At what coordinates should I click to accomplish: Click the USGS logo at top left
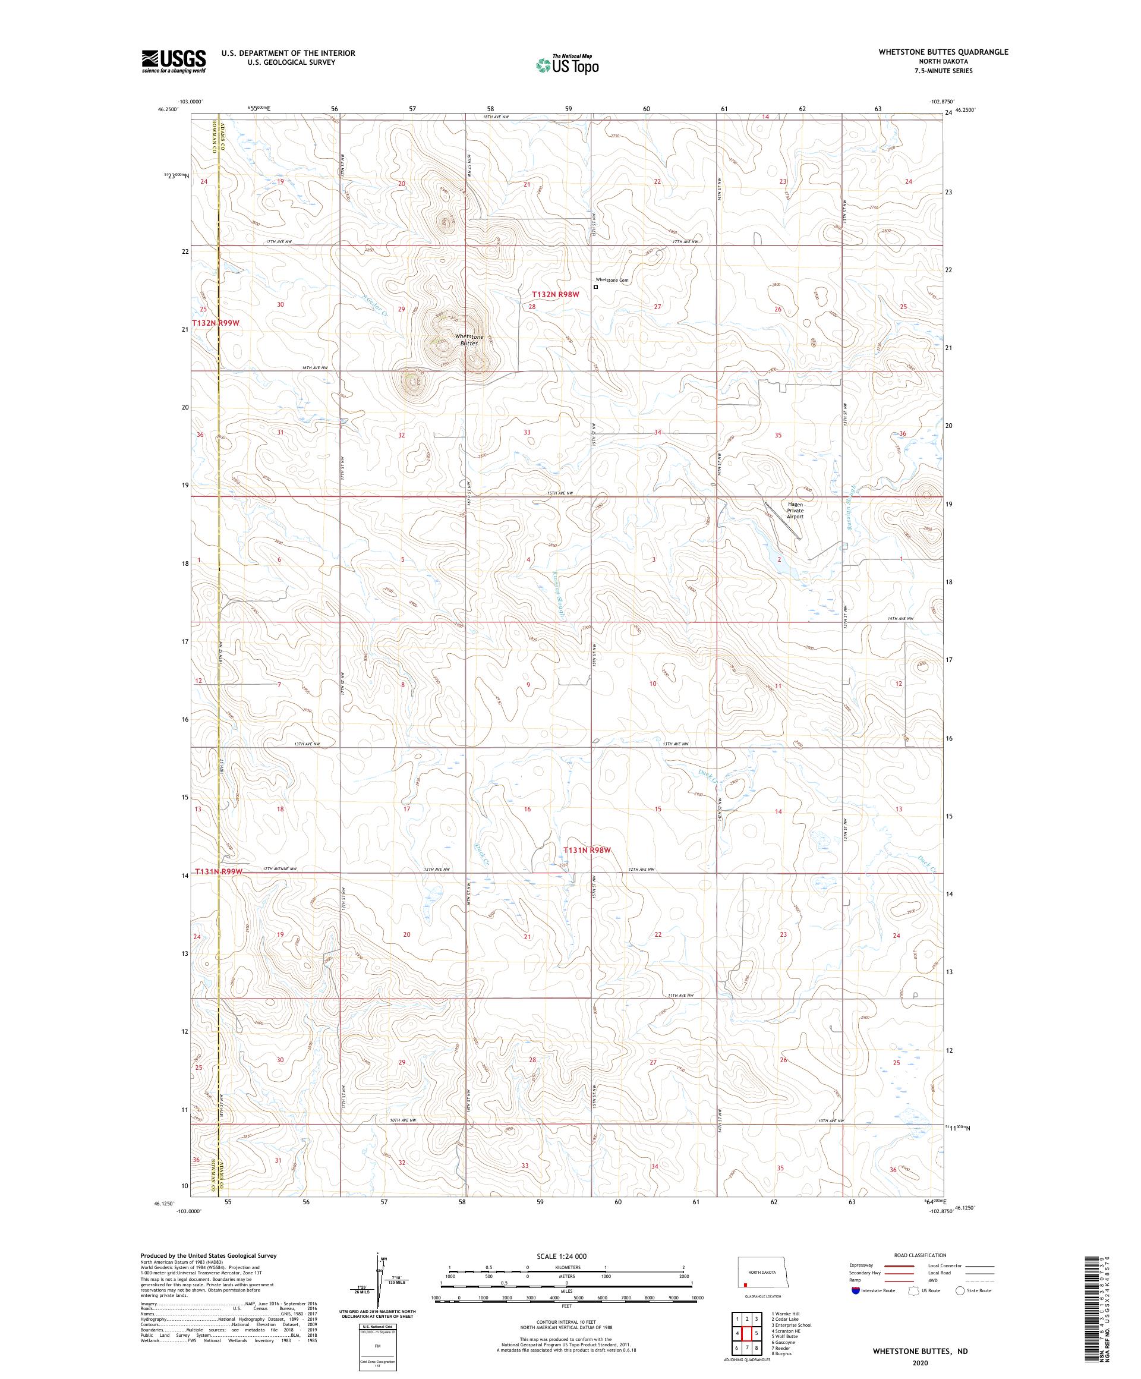(x=174, y=61)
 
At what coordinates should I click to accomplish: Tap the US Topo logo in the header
(x=568, y=64)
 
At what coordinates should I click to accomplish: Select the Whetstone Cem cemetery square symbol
(x=596, y=287)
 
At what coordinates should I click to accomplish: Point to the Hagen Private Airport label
(x=795, y=510)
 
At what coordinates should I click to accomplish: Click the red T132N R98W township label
(x=556, y=295)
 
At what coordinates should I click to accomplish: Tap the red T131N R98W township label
(x=588, y=850)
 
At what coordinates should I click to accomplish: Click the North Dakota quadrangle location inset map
(x=761, y=1279)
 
